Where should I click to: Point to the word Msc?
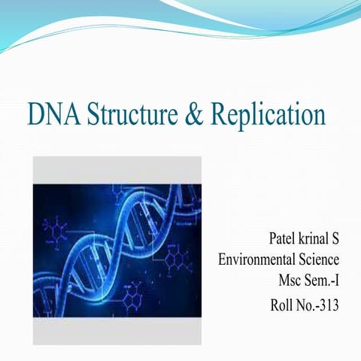coord(290,283)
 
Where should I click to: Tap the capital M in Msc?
coord(284,283)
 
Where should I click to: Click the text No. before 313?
coord(308,306)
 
